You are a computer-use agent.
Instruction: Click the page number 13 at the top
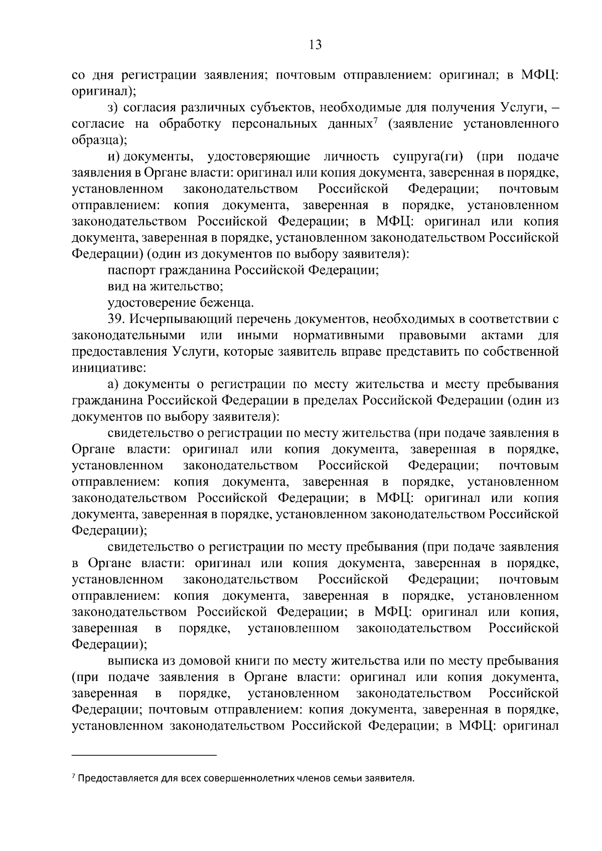[315, 45]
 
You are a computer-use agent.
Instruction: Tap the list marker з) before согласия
[113, 108]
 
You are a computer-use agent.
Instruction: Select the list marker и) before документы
[113, 157]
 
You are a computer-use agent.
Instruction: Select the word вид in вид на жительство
[118, 287]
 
